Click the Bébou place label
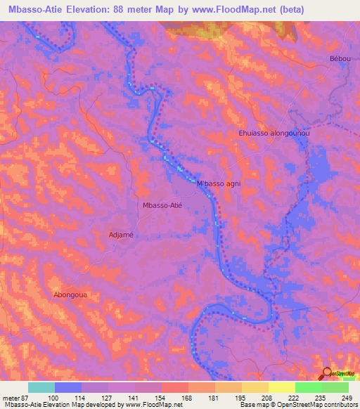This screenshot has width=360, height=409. click(x=339, y=58)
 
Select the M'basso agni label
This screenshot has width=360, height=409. click(x=219, y=184)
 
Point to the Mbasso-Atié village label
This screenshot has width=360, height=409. click(x=162, y=205)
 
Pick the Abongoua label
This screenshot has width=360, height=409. click(x=70, y=295)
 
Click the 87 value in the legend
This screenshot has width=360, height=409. click(x=25, y=398)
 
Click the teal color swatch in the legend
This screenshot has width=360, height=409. click(x=41, y=387)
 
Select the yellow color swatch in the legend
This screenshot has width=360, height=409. click(x=282, y=387)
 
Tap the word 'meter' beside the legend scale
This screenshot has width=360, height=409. click(x=11, y=398)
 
